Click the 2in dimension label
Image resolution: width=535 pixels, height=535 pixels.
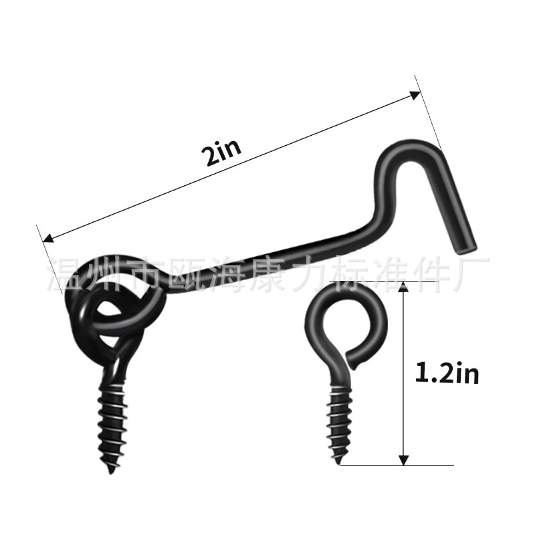pos(221,154)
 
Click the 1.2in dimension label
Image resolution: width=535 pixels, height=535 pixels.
pos(447,373)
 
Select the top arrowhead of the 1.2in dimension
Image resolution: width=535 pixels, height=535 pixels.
pos(403,288)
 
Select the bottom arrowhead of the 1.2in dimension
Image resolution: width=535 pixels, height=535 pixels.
pos(403,459)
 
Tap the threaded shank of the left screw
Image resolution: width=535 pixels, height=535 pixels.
pos(108,421)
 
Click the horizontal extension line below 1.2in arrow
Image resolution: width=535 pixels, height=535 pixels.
pos(401,465)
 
